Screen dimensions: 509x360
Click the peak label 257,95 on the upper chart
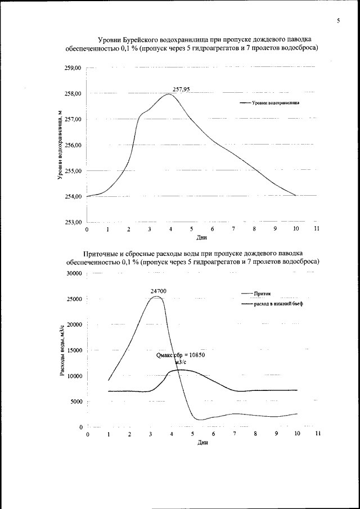(182, 89)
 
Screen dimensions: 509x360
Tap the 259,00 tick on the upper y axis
(74, 68)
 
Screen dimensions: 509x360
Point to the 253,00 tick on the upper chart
(74, 222)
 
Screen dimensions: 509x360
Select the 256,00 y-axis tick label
(74, 145)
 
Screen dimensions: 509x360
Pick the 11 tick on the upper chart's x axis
(317, 229)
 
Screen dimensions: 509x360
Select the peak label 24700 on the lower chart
(158, 291)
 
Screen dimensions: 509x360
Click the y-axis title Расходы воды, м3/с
(62, 350)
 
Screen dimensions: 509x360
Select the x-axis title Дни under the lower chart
(203, 443)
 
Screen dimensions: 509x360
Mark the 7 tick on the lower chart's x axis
(234, 434)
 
